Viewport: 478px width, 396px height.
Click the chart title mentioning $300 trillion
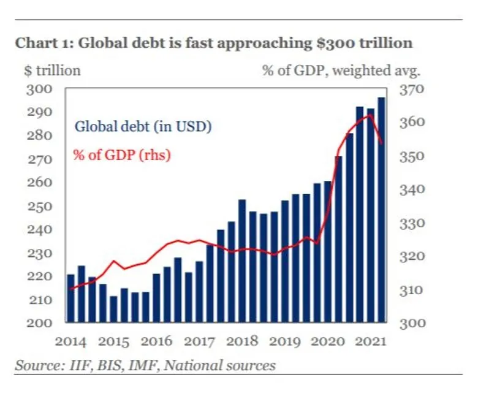(x=213, y=43)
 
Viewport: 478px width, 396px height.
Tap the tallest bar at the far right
(x=381, y=208)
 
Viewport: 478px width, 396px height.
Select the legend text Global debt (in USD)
(x=143, y=127)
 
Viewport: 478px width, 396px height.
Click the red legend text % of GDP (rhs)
(x=122, y=155)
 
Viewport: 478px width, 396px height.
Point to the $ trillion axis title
(x=52, y=70)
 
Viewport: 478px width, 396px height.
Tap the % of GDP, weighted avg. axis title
(x=341, y=70)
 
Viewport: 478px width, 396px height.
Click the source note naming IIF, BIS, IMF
(x=145, y=366)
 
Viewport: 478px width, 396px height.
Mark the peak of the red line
(x=370, y=115)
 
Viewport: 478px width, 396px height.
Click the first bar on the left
(x=70, y=298)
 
